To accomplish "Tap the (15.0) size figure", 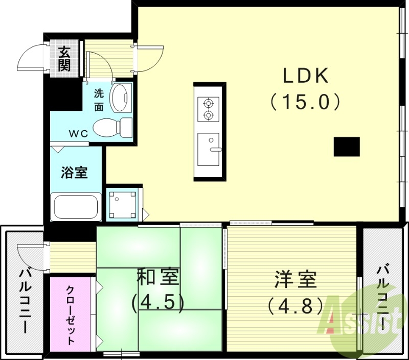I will (305, 103).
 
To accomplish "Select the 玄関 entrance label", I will (64, 59).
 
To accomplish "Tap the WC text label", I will (79, 134).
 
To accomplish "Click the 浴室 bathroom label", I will (74, 172).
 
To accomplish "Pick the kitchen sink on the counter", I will (208, 149).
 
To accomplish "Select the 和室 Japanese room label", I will (157, 278).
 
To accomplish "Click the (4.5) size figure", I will (157, 302).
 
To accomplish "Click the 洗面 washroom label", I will (99, 100).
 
